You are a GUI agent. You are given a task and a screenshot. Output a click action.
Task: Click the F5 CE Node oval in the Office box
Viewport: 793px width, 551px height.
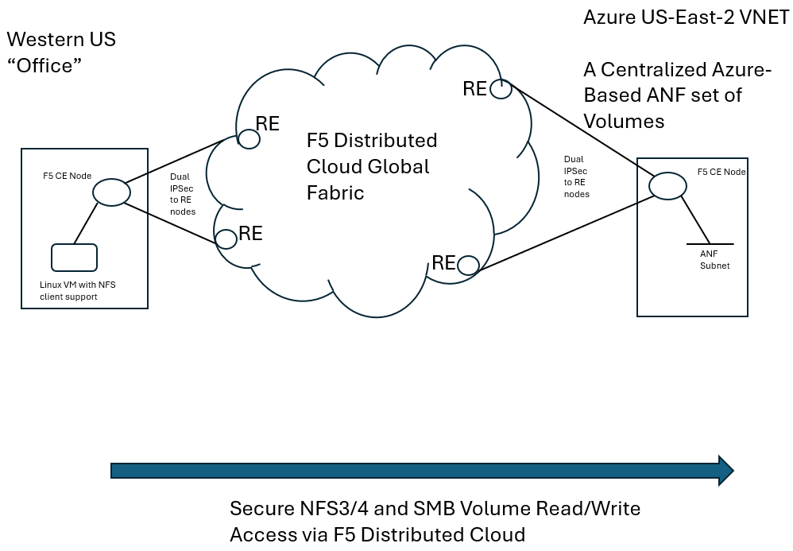click(110, 192)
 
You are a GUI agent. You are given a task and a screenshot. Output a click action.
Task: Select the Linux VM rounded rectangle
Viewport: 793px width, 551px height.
click(74, 258)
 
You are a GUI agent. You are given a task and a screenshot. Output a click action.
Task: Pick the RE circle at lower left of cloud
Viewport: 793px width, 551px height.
click(226, 237)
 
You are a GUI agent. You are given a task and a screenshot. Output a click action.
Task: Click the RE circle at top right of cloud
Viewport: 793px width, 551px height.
click(501, 90)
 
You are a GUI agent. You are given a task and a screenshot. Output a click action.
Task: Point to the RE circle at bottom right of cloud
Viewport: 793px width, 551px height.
click(467, 265)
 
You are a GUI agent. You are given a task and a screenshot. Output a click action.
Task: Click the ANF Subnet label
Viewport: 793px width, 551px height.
click(714, 259)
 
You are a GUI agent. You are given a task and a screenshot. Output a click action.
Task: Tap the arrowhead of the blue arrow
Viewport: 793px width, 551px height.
click(724, 471)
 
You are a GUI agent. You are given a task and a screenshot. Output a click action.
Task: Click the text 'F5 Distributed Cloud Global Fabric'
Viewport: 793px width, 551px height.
click(371, 166)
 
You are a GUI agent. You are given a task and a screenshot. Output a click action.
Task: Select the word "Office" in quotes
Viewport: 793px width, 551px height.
click(45, 65)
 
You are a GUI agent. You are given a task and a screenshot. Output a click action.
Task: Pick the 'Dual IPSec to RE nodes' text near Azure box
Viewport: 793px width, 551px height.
click(576, 177)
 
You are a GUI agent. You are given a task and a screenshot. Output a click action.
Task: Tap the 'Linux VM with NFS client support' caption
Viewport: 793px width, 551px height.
click(78, 290)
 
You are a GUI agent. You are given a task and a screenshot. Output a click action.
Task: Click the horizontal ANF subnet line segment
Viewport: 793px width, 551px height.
click(708, 243)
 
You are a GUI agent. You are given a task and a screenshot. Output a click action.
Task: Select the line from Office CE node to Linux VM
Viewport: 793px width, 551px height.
click(87, 223)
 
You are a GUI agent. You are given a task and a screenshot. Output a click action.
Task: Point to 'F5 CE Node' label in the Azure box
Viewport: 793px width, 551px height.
click(721, 171)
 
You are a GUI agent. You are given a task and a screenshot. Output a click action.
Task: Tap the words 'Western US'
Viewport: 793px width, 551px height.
click(60, 39)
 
